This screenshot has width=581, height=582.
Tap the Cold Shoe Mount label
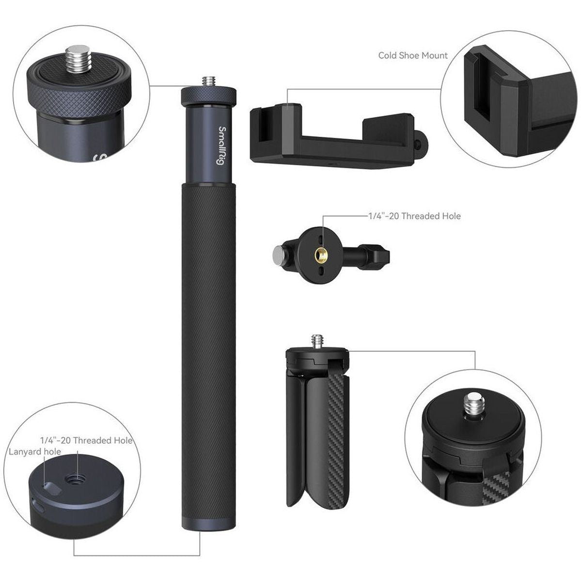click(413, 55)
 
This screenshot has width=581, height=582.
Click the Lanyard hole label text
click(35, 452)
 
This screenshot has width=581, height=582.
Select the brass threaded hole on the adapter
click(320, 254)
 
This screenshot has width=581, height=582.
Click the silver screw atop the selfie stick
click(209, 81)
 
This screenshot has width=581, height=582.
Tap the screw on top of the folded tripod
click(317, 341)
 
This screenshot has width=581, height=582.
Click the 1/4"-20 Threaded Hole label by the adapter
click(413, 215)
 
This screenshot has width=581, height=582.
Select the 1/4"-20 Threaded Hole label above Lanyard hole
click(86, 440)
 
